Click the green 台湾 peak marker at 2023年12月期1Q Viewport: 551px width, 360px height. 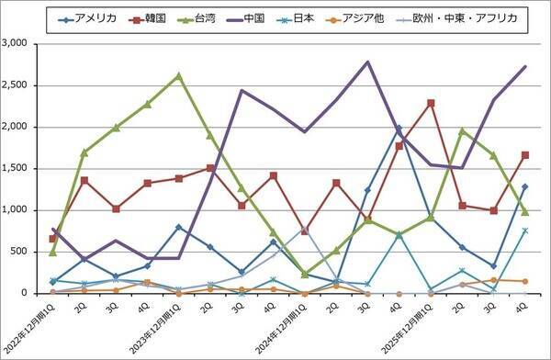click(x=178, y=75)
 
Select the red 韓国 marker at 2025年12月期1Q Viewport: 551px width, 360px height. click(x=430, y=103)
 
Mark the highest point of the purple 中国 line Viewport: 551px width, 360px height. click(x=367, y=62)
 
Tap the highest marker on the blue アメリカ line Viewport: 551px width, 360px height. click(x=399, y=129)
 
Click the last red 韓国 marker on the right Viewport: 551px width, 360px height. click(x=524, y=155)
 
